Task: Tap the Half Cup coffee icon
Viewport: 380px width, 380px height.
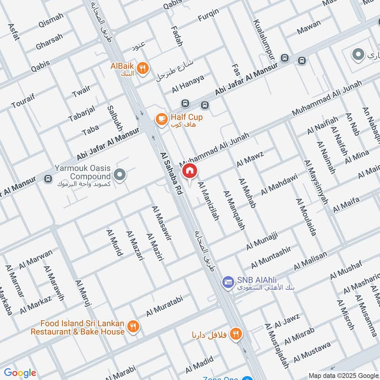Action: pos(161,118)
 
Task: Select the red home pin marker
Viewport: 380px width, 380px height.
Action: pos(190,171)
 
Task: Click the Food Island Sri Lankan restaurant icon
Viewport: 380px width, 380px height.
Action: pos(134,327)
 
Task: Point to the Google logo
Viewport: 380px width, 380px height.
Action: pos(19,373)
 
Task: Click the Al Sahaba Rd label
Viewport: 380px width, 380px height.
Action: pos(171,174)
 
